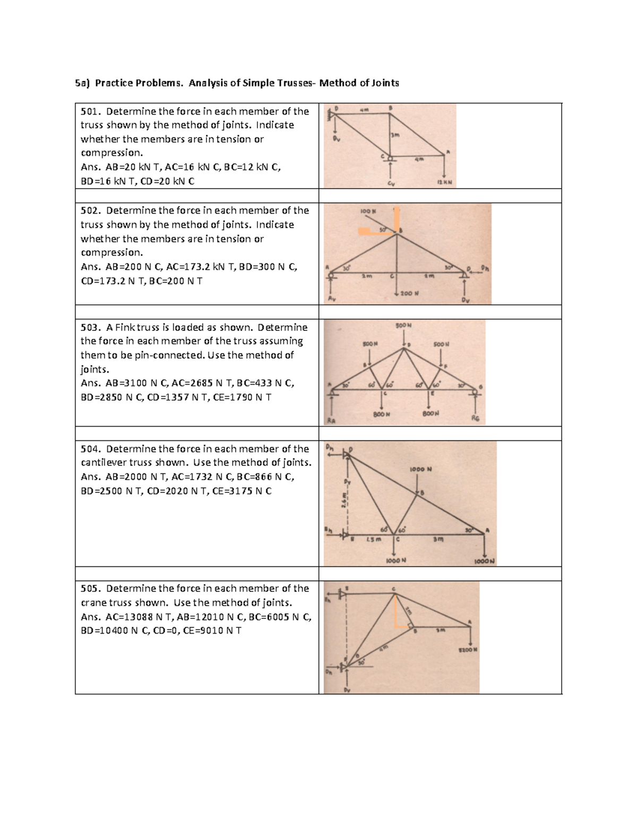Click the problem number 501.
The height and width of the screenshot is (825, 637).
[x=90, y=112]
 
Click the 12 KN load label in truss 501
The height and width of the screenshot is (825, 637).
[x=444, y=182]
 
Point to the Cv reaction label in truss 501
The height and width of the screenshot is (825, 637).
[x=391, y=184]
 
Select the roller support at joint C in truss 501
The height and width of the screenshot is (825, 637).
[x=390, y=158]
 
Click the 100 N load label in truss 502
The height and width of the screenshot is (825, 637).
[x=368, y=211]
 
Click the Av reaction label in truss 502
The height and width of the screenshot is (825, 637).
[x=332, y=299]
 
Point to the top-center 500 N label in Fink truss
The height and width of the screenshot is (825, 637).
[x=403, y=325]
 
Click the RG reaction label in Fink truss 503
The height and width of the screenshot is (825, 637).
[x=475, y=419]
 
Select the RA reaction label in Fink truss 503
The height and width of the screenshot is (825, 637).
[x=331, y=421]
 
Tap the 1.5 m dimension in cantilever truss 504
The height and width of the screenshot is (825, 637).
[x=373, y=540]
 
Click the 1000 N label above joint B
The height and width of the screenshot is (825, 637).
[x=420, y=470]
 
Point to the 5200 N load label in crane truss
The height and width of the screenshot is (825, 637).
[x=468, y=650]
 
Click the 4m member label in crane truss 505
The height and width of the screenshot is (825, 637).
[x=384, y=648]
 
